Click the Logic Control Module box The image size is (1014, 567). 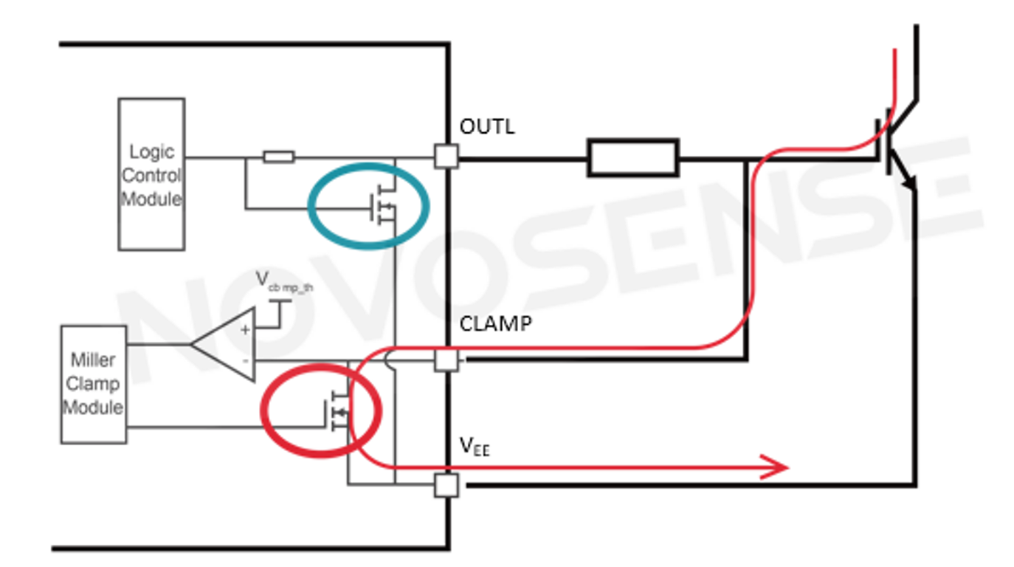[151, 174]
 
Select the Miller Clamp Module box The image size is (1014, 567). [94, 384]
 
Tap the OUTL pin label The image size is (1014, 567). [487, 126]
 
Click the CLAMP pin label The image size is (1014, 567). [495, 324]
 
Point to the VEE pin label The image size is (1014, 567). [475, 445]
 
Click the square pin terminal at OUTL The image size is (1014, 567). [446, 157]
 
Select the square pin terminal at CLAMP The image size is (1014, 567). [446, 360]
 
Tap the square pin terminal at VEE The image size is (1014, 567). [446, 486]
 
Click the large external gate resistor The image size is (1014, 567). [632, 157]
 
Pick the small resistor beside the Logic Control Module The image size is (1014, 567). [279, 157]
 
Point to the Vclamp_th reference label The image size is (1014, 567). [284, 282]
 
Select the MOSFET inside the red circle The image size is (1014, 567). [336, 412]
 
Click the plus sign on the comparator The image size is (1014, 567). [245, 330]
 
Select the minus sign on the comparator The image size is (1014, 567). [245, 360]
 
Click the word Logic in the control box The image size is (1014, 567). [151, 151]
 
